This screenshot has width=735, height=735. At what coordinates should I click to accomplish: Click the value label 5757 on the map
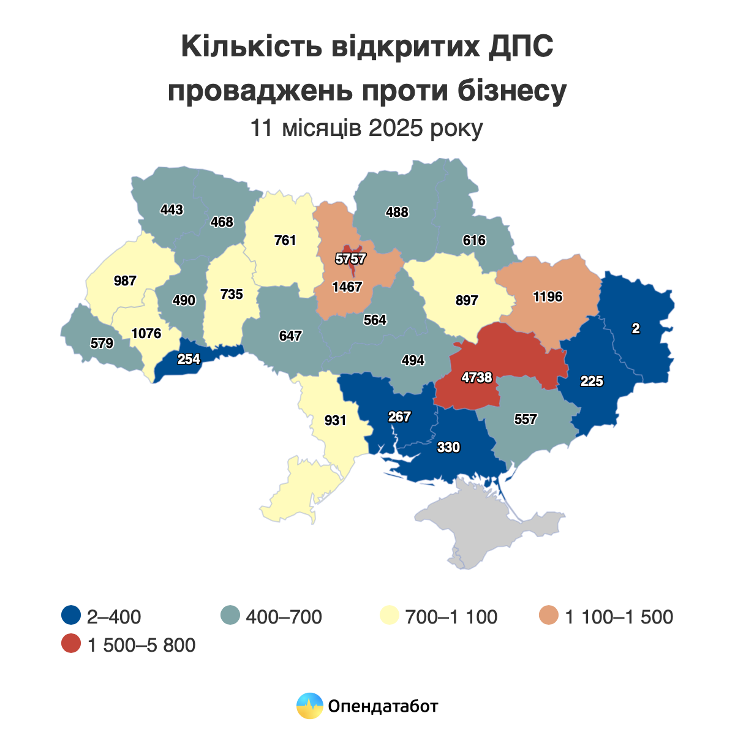[x=350, y=258]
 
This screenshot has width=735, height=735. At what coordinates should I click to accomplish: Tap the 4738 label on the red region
[x=477, y=378]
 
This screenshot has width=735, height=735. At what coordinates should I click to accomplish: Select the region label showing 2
[x=636, y=329]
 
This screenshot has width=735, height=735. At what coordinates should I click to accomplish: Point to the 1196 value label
[x=547, y=297]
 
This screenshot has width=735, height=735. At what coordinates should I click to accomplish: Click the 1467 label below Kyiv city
[x=347, y=287]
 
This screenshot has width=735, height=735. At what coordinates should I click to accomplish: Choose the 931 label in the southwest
[x=335, y=421]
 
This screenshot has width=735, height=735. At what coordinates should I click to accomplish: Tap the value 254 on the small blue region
[x=189, y=360]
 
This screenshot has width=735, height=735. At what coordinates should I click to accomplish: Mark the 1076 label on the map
[x=146, y=334]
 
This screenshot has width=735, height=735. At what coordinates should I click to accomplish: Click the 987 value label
[x=125, y=281]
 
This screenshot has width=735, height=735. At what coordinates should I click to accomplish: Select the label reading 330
[x=448, y=448]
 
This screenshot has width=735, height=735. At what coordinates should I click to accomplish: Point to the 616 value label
[x=474, y=241]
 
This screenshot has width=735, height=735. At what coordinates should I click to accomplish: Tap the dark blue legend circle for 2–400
[x=71, y=616]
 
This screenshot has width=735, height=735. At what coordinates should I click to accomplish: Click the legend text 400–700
[x=284, y=617]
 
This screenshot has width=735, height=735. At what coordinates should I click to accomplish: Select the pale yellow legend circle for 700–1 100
[x=390, y=616]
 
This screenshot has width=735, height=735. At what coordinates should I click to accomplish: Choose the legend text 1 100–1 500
[x=619, y=617]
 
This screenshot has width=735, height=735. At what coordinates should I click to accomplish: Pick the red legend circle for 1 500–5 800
[x=71, y=644]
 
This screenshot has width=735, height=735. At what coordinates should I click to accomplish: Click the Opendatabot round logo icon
[x=309, y=706]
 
